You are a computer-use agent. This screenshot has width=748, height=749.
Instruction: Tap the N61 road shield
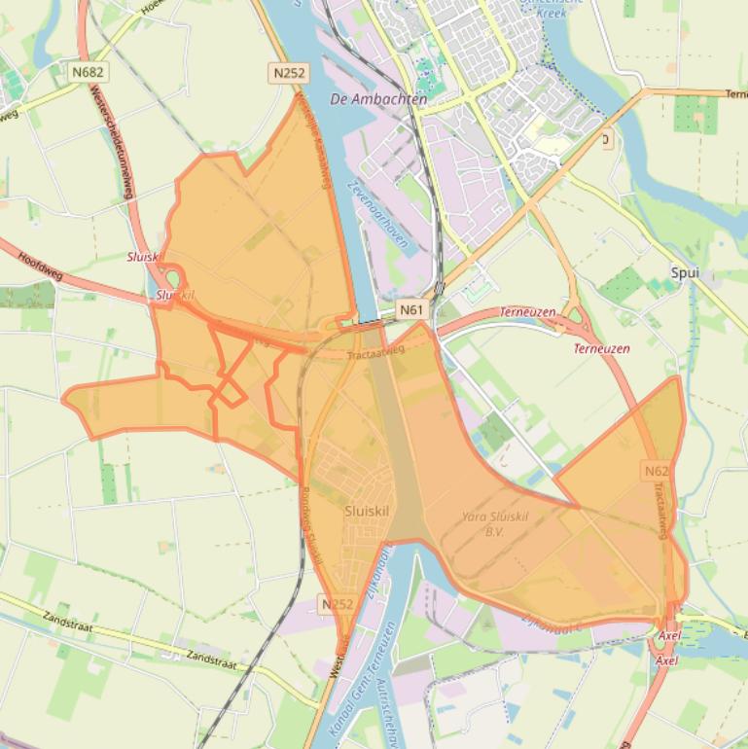pos(411,310)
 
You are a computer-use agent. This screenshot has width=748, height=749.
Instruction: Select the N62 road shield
pos(656,471)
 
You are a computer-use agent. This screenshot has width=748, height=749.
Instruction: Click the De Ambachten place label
pos(378,99)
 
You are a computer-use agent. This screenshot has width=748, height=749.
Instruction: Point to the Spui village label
pos(685,273)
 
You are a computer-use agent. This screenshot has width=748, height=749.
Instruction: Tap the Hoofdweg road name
pos(39,262)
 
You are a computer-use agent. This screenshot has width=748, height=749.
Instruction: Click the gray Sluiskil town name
pos(368,511)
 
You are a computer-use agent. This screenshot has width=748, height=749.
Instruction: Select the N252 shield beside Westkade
pos(337,604)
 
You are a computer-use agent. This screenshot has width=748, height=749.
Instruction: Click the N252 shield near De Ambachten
pos(289,72)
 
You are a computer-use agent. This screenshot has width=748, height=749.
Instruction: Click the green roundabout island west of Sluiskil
pos(171,279)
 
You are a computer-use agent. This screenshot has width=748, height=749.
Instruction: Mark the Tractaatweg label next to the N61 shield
pos(374,353)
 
